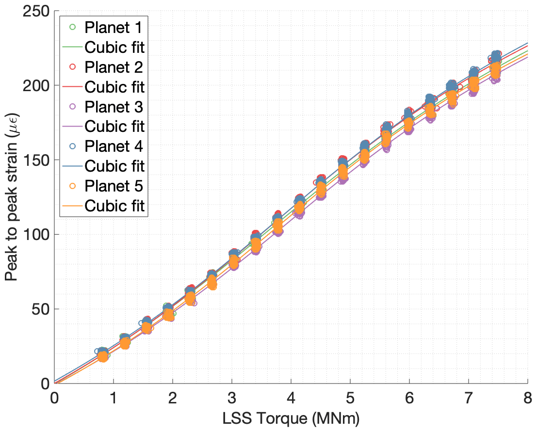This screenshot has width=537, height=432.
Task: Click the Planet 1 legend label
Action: (x=114, y=27)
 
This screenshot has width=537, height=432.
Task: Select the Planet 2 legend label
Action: (x=114, y=67)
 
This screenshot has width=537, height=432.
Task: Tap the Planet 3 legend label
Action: (x=114, y=107)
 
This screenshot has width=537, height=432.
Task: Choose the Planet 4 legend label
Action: (x=114, y=146)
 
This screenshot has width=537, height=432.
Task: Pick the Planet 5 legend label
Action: (x=114, y=186)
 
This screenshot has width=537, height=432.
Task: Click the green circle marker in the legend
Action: (x=73, y=27)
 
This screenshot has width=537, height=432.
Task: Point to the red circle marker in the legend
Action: (x=73, y=67)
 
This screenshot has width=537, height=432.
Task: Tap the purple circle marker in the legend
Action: (x=73, y=107)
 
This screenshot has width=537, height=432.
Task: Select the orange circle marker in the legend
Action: (x=73, y=186)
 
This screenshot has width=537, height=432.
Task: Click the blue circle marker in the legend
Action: (x=73, y=146)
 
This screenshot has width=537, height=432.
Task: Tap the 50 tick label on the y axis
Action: (x=40, y=309)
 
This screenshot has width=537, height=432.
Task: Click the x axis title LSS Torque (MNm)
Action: (x=291, y=417)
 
